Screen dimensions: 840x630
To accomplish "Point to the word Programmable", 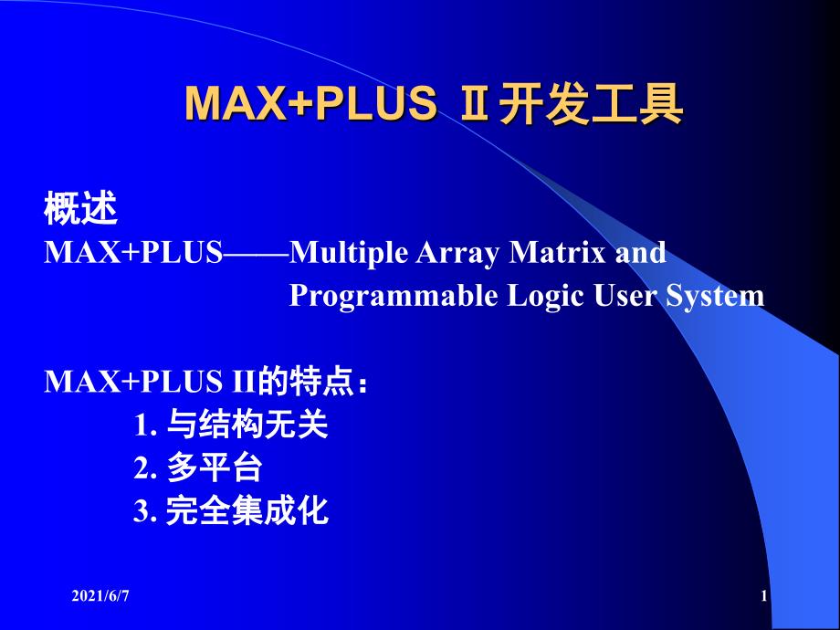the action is (x=394, y=296).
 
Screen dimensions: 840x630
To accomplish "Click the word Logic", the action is (x=545, y=296).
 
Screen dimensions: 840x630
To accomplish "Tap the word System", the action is (x=715, y=296).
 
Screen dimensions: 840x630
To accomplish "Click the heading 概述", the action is (x=80, y=208).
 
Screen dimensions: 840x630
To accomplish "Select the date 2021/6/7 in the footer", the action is (x=100, y=595).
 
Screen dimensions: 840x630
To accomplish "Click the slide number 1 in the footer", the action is (x=764, y=595).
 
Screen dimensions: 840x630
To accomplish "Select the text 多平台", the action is (x=215, y=467).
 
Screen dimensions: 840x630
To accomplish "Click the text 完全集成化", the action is (x=247, y=510).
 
